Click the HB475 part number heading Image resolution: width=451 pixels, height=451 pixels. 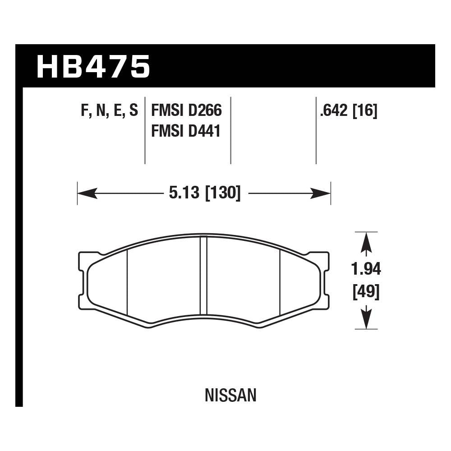tap(93, 67)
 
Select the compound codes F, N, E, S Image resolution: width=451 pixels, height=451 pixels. tap(109, 111)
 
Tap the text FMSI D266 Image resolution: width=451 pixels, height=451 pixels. tap(186, 111)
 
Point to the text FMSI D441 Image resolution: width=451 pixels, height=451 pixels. tap(186, 131)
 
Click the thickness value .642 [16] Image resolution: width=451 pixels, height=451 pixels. tap(348, 111)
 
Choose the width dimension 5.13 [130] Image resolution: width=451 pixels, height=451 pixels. tap(204, 193)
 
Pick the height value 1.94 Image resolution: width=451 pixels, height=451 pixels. tap(366, 269)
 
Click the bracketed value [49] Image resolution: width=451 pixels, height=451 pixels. tap(366, 292)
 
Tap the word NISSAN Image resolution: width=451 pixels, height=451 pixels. tap(230, 396)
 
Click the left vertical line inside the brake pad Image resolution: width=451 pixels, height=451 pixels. tap(128, 282)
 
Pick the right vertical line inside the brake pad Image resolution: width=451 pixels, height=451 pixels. tap(280, 282)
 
